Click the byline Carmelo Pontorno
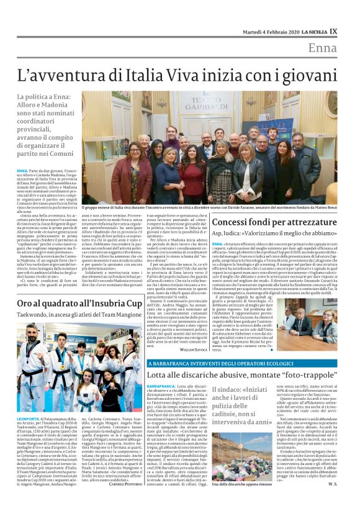tap(127, 502)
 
